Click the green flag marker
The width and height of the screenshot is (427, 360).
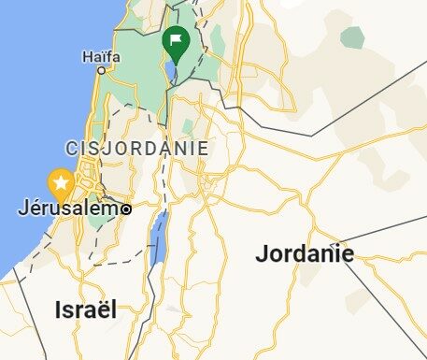175,41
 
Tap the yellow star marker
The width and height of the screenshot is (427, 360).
62,181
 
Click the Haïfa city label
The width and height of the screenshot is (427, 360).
102,56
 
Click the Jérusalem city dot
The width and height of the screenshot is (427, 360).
126,209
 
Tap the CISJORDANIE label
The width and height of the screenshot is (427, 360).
136,149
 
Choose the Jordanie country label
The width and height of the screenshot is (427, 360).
305,253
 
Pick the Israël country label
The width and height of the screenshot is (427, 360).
86,310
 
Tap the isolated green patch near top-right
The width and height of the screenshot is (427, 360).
352,37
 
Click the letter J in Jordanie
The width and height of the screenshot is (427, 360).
262,253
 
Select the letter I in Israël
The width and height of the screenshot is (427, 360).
59,310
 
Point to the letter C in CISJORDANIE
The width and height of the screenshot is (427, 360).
72,149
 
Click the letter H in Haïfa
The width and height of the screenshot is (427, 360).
87,56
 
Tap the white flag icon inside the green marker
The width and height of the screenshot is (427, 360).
175,39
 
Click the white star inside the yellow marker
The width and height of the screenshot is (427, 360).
62,180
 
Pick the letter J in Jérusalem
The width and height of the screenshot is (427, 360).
23,208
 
